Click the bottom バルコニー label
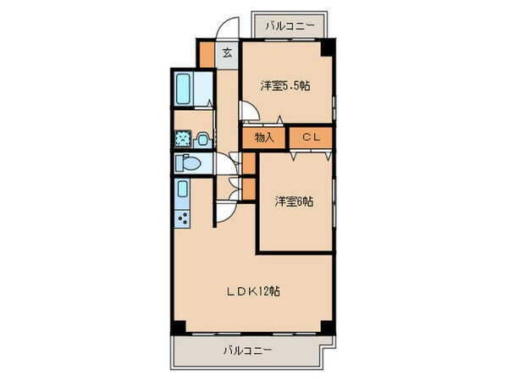[249, 349]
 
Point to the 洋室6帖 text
[294, 202]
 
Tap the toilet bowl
[187, 163]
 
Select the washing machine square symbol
[182, 139]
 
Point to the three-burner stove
[184, 219]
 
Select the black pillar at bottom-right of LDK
[327, 328]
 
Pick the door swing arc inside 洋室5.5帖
[247, 109]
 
